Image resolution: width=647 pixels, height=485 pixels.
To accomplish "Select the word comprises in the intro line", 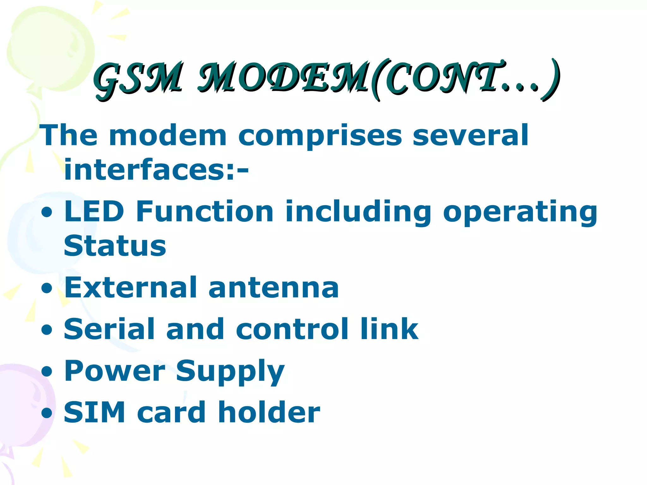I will coord(320,136).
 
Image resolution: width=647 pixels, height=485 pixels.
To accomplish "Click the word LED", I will coord(94,211).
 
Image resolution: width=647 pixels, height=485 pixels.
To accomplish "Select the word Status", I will coord(115,246).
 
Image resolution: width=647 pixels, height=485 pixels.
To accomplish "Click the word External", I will coord(130,287).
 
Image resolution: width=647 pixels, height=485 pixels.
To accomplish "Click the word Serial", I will coord(109,329).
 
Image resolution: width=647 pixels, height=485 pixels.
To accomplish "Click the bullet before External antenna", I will coord(47,288).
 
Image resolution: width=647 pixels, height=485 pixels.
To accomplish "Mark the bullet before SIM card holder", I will coord(47,413).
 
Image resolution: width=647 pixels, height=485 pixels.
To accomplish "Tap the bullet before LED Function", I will coord(47,212).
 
